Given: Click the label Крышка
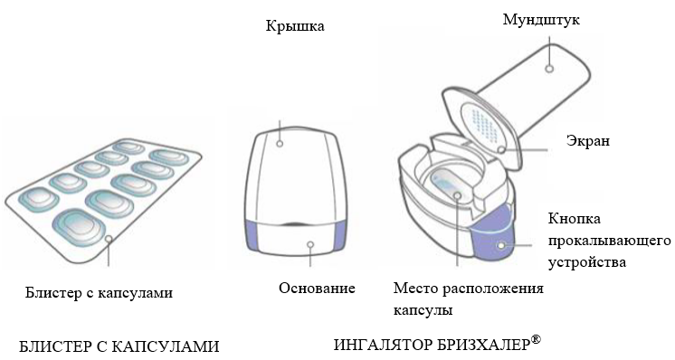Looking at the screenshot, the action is pos(295,26).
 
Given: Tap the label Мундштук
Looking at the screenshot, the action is pos(541,20).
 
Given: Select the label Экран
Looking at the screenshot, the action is pos(587,140).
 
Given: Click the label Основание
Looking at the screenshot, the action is pos(317,288).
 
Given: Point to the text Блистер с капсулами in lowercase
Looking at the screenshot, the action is pos(99,293).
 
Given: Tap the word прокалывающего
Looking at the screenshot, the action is pos(609,241).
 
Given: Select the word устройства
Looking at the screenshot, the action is pos(586,262).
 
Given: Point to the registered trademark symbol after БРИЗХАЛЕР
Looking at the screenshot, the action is pos(535,339).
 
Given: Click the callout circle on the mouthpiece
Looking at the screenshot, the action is pos(549,69).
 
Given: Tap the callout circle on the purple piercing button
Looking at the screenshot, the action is pos(501,246).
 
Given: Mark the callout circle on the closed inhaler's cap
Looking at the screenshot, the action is pos(280,143).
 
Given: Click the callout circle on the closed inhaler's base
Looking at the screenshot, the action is pos(310,245).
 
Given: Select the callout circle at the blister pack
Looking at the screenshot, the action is pos(109,238).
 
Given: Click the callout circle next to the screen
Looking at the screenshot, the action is pos(500,149).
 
